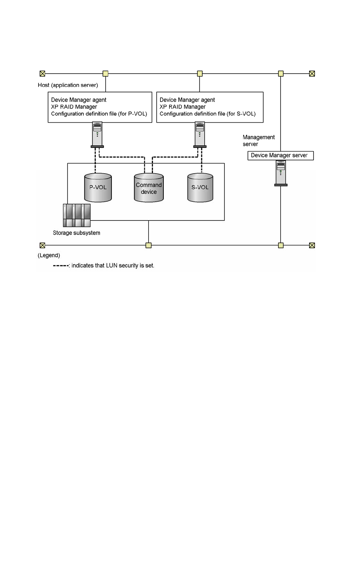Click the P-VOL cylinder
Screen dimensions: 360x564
tap(98, 187)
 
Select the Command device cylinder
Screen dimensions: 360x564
tap(149, 188)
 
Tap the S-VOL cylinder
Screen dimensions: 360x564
tap(200, 188)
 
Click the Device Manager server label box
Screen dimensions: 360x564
tap(280, 156)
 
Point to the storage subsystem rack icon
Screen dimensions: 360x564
tap(76, 215)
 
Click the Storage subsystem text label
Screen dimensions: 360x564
tap(76, 233)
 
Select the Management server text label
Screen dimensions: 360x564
tap(259, 140)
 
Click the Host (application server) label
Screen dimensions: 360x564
tap(68, 85)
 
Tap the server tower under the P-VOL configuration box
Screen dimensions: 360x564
tap(97, 135)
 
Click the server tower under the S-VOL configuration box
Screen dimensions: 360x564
tap(200, 135)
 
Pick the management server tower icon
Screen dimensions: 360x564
tap(281, 173)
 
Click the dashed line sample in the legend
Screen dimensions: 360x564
tap(61, 266)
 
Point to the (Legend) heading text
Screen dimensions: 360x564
tap(49, 255)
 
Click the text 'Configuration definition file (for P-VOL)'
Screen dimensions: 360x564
tap(99, 114)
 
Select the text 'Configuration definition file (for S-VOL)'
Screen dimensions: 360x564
tap(207, 114)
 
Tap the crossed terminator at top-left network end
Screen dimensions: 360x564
tap(43, 74)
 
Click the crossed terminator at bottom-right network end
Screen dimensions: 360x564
tap(312, 245)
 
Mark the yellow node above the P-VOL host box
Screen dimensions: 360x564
tap(105, 74)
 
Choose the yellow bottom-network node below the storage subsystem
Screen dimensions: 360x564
tap(149, 245)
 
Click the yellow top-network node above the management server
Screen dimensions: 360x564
tap(281, 74)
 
